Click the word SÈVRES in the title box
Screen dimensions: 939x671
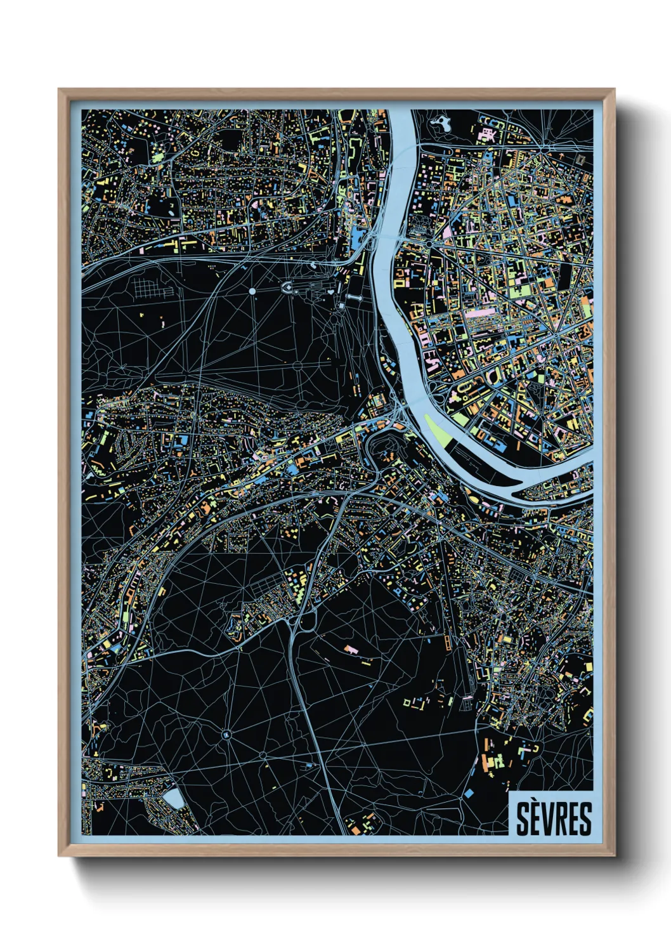[x=553, y=819]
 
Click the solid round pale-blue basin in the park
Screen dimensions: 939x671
[x=252, y=291]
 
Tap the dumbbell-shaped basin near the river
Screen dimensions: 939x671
[x=354, y=298]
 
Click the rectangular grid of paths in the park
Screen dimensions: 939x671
[x=150, y=289]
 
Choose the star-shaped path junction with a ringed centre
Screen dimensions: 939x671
[x=226, y=734]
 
